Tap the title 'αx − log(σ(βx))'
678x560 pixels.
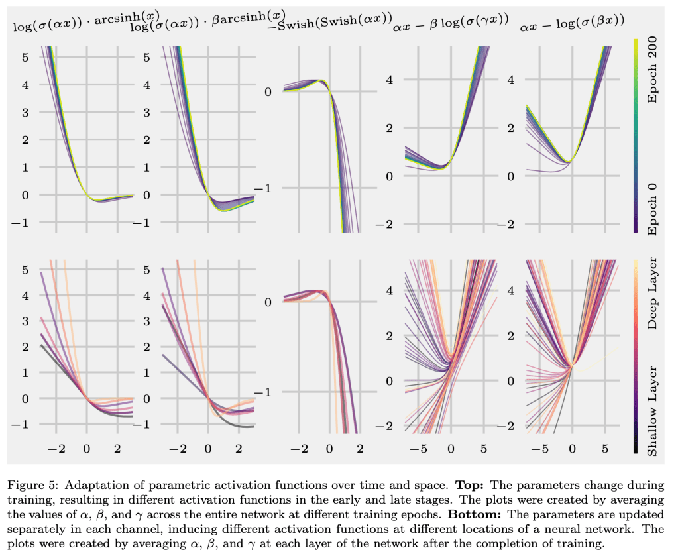(x=572, y=27)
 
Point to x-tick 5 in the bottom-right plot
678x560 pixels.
(x=604, y=449)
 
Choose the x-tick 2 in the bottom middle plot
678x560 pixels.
(x=360, y=449)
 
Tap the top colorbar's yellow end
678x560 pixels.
(x=636, y=41)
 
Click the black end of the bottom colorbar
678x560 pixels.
(x=636, y=451)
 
